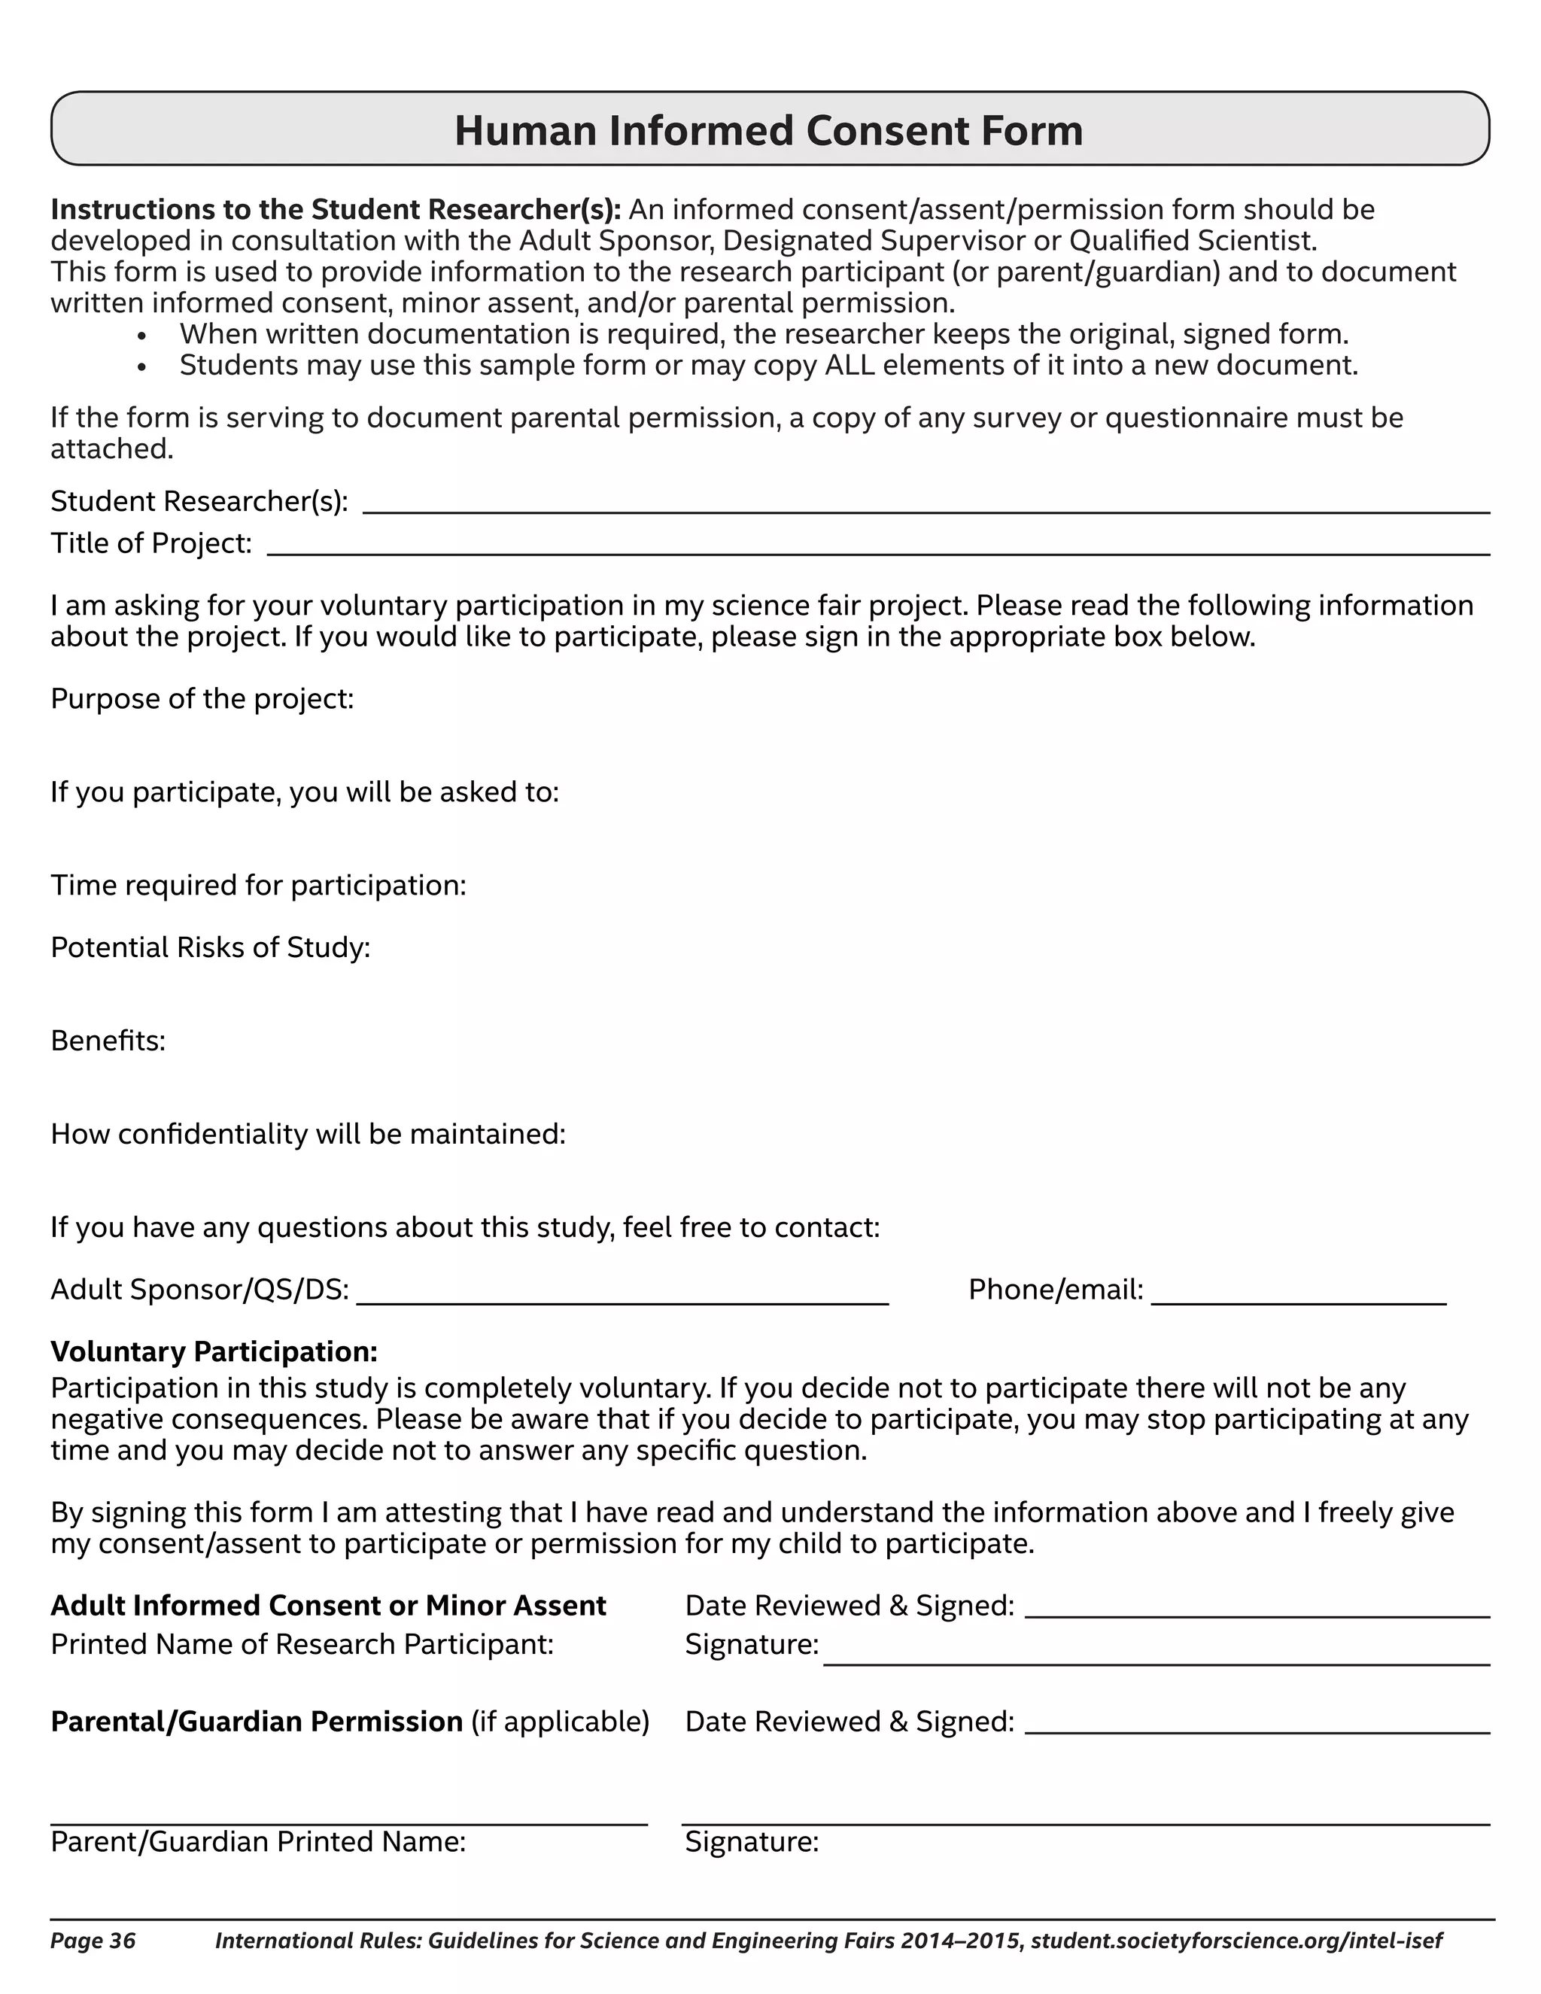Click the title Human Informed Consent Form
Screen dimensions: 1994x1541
coord(769,131)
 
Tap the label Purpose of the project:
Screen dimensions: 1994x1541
coord(202,698)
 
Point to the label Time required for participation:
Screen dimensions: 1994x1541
coord(258,885)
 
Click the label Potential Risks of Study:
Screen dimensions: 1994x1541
coord(210,947)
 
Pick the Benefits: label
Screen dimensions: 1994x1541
coord(108,1040)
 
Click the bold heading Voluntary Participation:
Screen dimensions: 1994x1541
coord(214,1351)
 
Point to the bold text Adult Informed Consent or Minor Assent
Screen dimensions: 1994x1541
coord(328,1605)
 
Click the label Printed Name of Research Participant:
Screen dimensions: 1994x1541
coord(302,1643)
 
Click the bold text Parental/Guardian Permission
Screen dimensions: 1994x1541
coord(257,1721)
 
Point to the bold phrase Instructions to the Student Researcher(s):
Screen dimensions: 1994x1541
coord(335,209)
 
